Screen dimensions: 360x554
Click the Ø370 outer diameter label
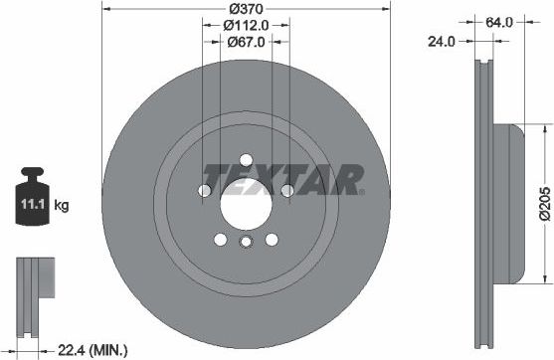click(x=245, y=8)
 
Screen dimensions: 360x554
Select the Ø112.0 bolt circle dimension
click(x=245, y=25)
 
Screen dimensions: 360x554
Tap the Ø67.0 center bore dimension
click(x=245, y=41)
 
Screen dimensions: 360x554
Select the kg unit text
click(x=62, y=206)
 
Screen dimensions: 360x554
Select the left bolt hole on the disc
click(x=204, y=190)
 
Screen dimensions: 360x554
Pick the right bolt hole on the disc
click(x=286, y=190)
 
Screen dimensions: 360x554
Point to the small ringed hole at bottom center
click(x=246, y=243)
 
